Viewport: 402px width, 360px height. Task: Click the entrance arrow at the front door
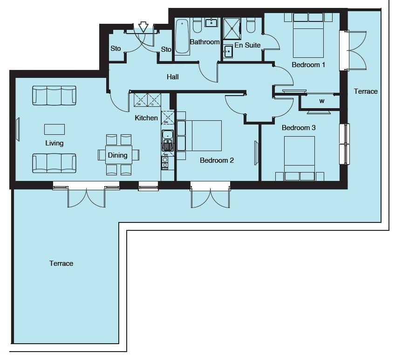click(x=143, y=27)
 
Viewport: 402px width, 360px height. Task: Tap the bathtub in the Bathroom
click(x=182, y=36)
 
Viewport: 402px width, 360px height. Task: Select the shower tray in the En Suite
click(x=232, y=28)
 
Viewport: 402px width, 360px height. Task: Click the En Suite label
click(x=247, y=45)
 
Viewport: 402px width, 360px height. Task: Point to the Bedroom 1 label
click(x=308, y=65)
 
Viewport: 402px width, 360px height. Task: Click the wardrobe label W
click(x=322, y=101)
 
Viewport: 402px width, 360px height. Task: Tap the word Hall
click(x=172, y=77)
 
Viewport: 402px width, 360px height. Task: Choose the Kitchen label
click(x=146, y=118)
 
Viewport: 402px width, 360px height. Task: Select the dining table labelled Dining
click(x=119, y=155)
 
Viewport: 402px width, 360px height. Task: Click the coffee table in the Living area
click(x=55, y=129)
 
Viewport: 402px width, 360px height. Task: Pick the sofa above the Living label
click(x=55, y=96)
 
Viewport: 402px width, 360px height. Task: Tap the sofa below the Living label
click(x=55, y=163)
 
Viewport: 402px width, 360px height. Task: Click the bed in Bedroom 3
click(x=300, y=159)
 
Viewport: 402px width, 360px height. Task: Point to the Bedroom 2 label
click(x=217, y=160)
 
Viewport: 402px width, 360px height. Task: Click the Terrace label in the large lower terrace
click(x=61, y=263)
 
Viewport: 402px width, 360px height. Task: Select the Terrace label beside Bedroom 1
click(x=366, y=91)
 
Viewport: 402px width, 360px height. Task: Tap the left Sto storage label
click(x=116, y=48)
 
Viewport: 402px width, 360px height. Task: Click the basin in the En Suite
click(x=228, y=52)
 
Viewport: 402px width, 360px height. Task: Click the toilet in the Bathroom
click(x=197, y=25)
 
